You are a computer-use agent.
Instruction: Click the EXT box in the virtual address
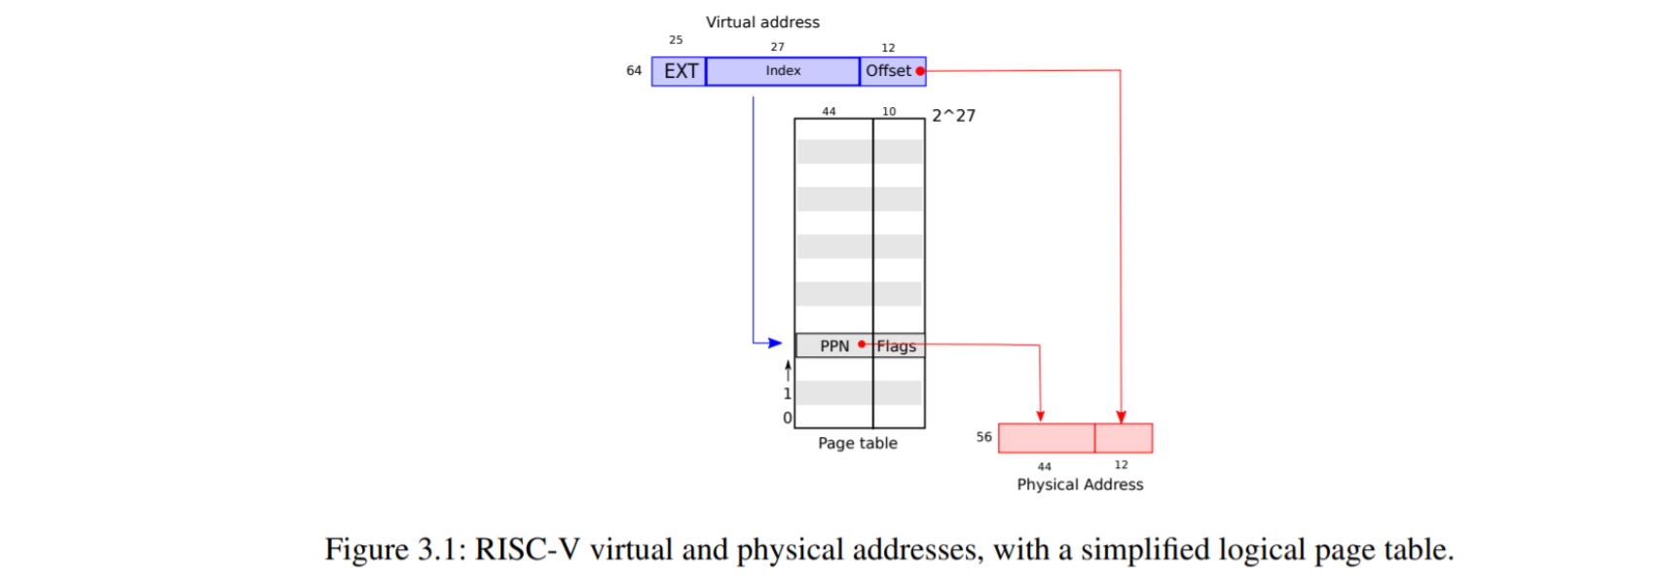[x=680, y=71]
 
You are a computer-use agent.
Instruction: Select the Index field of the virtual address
[x=783, y=71]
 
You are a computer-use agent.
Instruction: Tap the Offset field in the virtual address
[x=888, y=71]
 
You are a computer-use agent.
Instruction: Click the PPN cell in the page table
[x=833, y=346]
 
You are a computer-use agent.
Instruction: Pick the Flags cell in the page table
[x=897, y=346]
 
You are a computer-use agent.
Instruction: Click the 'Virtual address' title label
[x=762, y=22]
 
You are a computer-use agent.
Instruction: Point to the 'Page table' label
[x=857, y=443]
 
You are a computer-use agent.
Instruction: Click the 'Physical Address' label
[x=1080, y=485]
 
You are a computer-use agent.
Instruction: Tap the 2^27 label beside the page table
[x=953, y=116]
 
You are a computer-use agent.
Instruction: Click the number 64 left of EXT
[x=634, y=71]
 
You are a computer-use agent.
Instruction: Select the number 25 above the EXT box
[x=676, y=40]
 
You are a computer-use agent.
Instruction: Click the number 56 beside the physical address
[x=984, y=437]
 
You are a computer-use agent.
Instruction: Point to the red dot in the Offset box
[x=920, y=71]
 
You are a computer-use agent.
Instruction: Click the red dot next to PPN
[x=862, y=345]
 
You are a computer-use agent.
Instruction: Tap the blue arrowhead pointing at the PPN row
[x=775, y=343]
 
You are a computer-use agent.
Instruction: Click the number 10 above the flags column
[x=889, y=112]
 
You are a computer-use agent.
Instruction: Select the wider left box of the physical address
[x=1047, y=438]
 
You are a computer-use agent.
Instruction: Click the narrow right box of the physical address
[x=1124, y=438]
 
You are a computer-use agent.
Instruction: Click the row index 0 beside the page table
[x=788, y=418]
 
